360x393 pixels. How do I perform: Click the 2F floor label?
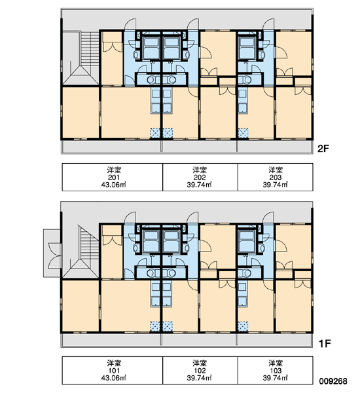coord(323,149)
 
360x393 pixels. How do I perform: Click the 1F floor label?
coord(325,343)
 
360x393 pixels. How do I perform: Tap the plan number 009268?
coord(333,381)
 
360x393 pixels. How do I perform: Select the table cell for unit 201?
coord(113,178)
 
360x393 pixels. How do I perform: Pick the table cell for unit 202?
coord(200,178)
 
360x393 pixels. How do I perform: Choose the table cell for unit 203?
coord(276,178)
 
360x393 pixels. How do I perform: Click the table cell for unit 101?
coord(113,370)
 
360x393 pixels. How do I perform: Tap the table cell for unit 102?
coord(200,370)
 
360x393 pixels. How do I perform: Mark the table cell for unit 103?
coord(276,370)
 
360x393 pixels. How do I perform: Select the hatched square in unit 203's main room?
coord(243,133)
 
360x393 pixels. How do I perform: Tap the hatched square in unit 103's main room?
coord(243,327)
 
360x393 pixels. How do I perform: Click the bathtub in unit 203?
coord(247,47)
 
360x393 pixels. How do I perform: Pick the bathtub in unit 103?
coord(247,241)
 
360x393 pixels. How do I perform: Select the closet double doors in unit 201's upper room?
coord(112,47)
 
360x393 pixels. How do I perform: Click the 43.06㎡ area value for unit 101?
coord(114,377)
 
